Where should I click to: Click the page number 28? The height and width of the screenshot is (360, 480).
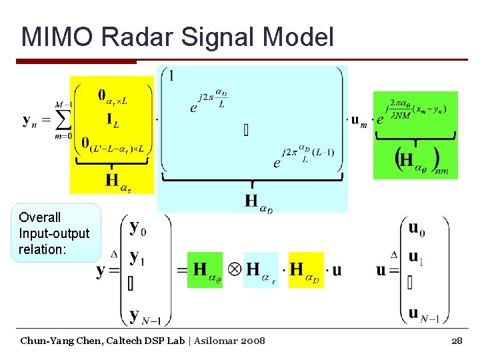(x=457, y=341)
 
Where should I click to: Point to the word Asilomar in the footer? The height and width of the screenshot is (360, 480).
(x=202, y=341)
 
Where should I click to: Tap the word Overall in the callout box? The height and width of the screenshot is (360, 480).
(x=40, y=217)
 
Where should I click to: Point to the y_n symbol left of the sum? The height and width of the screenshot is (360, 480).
(x=30, y=121)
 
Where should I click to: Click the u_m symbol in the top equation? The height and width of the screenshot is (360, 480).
(x=359, y=121)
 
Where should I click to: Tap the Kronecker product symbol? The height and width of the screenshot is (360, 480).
(x=235, y=269)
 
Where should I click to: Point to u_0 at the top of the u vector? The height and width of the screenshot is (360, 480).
(x=416, y=229)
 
